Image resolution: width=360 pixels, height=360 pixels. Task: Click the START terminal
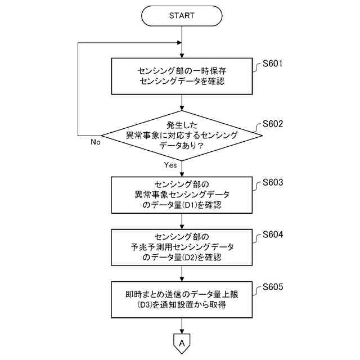click(181, 16)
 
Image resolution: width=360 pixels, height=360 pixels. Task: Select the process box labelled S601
click(181, 76)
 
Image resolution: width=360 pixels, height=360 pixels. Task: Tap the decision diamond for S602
click(181, 135)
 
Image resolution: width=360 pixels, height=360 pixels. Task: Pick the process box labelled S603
click(181, 195)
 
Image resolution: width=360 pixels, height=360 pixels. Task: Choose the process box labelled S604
click(181, 247)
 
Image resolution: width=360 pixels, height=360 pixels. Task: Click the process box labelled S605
click(181, 299)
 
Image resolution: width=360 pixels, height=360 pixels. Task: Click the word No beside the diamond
click(96, 142)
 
